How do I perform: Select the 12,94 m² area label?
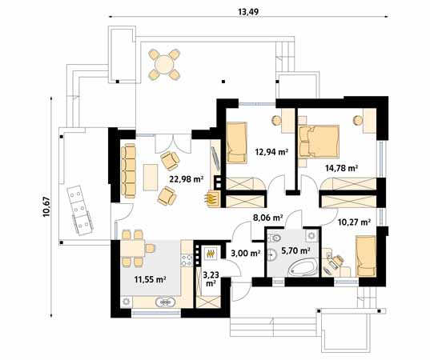point(271,150)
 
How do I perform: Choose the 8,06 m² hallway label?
point(268,216)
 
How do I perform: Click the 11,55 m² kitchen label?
point(149,279)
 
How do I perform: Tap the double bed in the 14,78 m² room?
point(321,141)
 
